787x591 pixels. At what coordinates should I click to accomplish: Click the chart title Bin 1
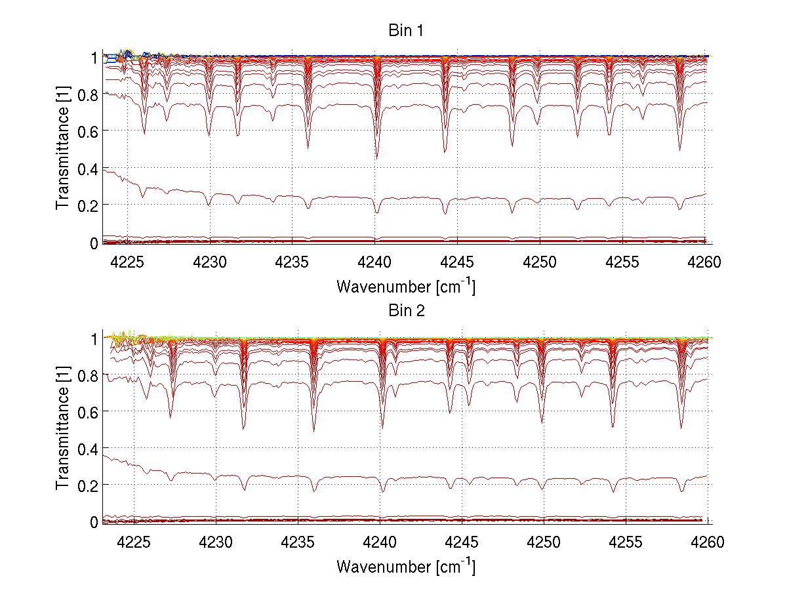406,31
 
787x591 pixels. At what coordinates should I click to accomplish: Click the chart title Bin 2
406,310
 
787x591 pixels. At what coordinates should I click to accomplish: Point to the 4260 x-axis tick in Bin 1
704,262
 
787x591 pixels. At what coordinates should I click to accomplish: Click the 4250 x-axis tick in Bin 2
544,542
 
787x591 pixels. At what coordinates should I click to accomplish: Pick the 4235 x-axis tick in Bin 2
298,542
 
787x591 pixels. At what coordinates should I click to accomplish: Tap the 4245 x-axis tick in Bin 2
462,542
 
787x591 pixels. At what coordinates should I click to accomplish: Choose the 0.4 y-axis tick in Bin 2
89,448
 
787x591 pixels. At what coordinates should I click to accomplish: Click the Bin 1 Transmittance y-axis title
63,150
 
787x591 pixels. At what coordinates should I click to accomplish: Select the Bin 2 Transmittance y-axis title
63,429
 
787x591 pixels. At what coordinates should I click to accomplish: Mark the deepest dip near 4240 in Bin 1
376,157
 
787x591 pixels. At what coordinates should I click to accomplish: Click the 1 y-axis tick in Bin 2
94,338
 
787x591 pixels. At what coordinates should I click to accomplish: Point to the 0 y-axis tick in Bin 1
94,243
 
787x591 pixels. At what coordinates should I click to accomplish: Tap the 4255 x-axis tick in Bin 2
626,542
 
